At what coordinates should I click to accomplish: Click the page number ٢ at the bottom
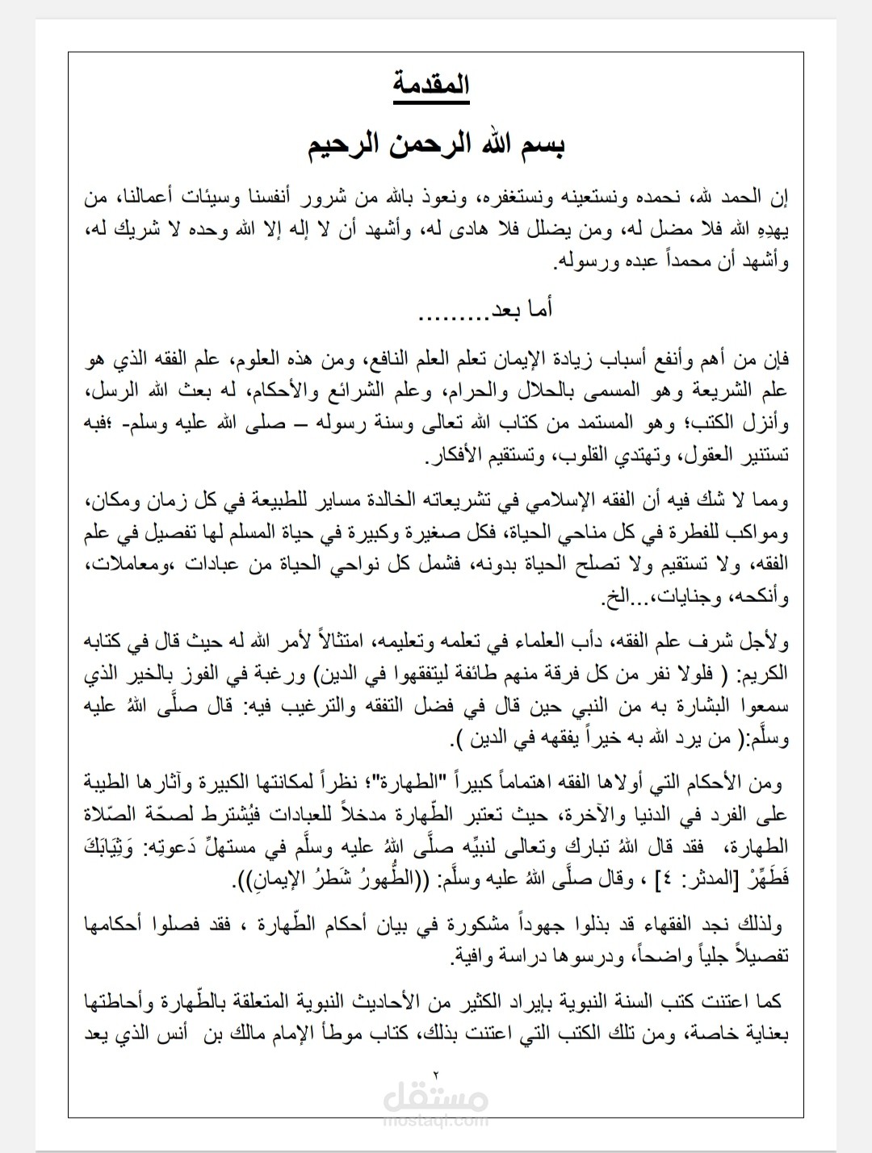tap(435, 1073)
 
